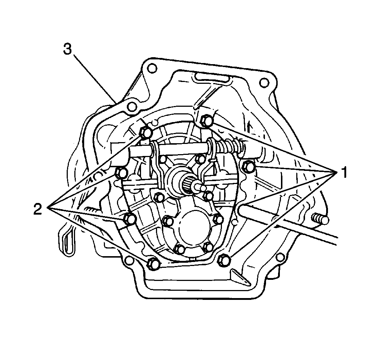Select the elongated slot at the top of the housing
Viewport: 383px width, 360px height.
[x=211, y=77]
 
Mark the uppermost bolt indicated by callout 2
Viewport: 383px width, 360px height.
[x=146, y=133]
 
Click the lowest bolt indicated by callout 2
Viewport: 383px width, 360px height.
[x=153, y=263]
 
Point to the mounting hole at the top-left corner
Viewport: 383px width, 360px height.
[x=152, y=68]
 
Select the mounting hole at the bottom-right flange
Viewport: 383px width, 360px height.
[x=280, y=258]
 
